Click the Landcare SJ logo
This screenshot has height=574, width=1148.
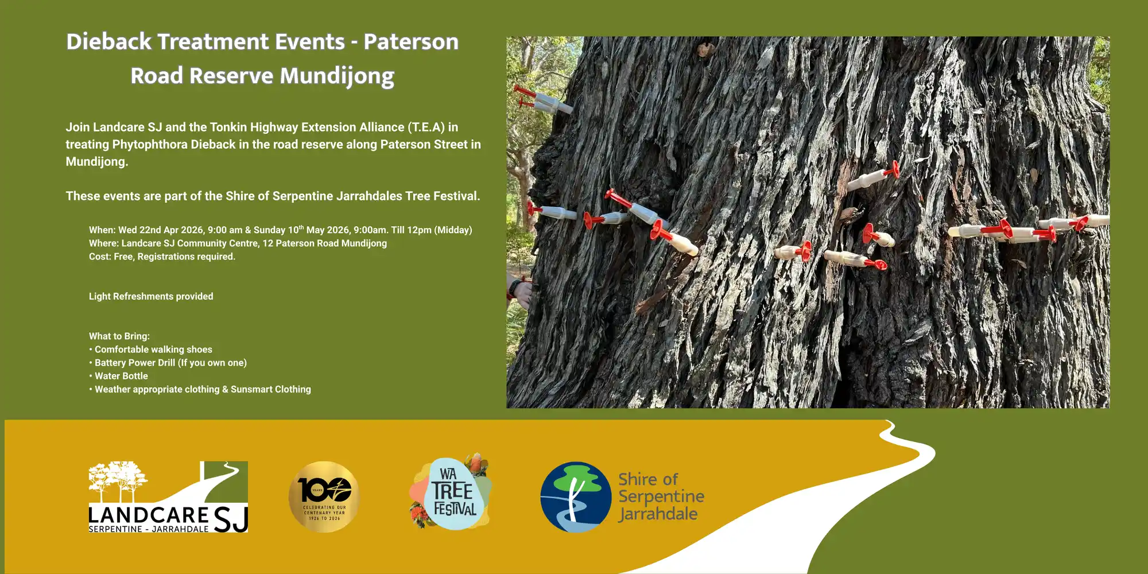168,497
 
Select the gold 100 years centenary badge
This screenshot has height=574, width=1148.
324,497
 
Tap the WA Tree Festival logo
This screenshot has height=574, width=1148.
451,492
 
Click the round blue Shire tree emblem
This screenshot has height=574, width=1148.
576,497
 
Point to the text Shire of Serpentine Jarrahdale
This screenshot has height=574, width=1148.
661,497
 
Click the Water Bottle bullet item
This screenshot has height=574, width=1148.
119,376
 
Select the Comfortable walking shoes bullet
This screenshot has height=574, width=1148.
151,350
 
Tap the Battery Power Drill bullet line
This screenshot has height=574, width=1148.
168,363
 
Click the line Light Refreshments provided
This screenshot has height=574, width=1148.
151,296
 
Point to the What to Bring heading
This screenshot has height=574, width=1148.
119,336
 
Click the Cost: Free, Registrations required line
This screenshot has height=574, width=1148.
162,257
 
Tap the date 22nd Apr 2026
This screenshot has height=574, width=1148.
172,230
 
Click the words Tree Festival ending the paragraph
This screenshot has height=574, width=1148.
443,196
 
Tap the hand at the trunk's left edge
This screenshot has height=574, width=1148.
519,292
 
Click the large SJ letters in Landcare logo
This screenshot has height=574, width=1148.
231,519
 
